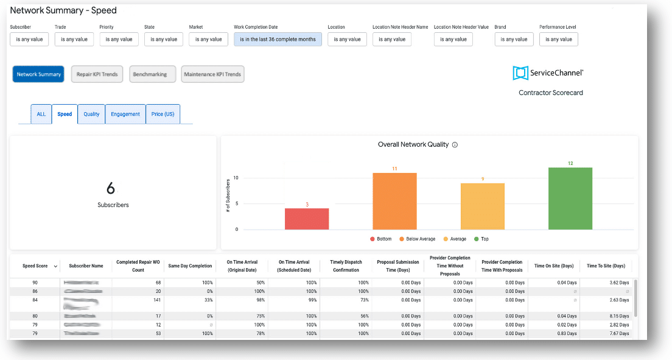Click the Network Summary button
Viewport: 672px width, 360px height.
pyautogui.click(x=38, y=74)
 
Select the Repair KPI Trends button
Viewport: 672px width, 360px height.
pyautogui.click(x=97, y=74)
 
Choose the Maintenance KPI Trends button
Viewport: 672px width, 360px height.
pyautogui.click(x=213, y=74)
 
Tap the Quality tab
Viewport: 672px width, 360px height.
pyautogui.click(x=91, y=114)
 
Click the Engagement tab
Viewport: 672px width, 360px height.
pyautogui.click(x=125, y=114)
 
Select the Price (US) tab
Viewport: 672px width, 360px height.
pyautogui.click(x=163, y=114)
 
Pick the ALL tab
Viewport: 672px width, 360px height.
pyautogui.click(x=41, y=114)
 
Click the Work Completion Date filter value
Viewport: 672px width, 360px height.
pyautogui.click(x=278, y=40)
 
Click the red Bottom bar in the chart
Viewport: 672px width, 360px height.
pyautogui.click(x=307, y=219)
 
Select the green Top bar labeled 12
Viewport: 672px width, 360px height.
pyautogui.click(x=570, y=199)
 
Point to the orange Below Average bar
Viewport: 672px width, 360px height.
pyautogui.click(x=394, y=202)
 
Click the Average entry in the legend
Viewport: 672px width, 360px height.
pyautogui.click(x=457, y=239)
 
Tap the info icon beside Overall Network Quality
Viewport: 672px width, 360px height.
pyautogui.click(x=455, y=145)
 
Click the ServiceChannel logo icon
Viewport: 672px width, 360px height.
pyautogui.click(x=520, y=73)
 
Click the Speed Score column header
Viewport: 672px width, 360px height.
pyautogui.click(x=36, y=266)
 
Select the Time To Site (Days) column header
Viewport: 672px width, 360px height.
pyautogui.click(x=606, y=266)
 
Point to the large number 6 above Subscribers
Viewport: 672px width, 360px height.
pyautogui.click(x=111, y=188)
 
